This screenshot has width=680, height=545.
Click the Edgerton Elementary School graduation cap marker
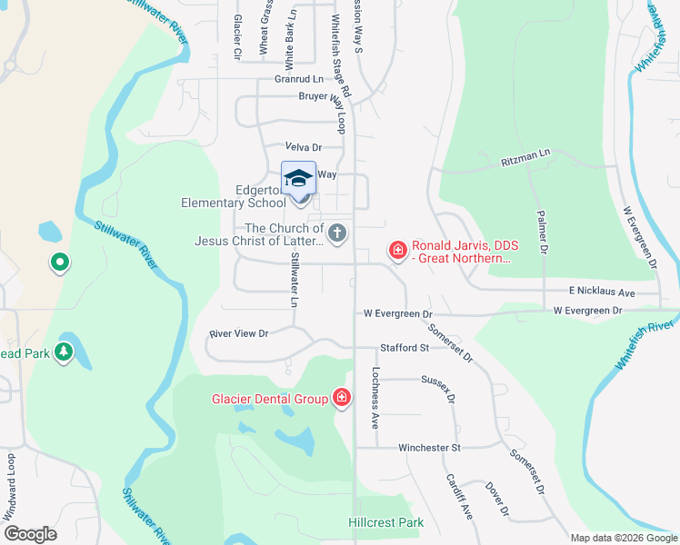[x=299, y=179]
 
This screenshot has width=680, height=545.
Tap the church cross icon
[x=337, y=233]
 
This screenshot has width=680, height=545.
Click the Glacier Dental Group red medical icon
[x=341, y=398]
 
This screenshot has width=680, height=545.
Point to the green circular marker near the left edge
[x=59, y=263]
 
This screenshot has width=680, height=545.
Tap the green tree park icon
[x=63, y=352]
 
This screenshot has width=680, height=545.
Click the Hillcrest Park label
[x=385, y=523]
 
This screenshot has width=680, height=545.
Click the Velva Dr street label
[x=304, y=147]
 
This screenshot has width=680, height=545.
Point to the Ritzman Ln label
[x=526, y=162]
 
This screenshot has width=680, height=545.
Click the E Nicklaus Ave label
[x=602, y=293]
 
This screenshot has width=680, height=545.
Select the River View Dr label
[x=239, y=333]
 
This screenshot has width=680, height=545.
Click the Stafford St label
[x=405, y=348]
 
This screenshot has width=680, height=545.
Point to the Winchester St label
[x=430, y=448]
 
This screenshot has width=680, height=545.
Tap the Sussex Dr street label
[x=443, y=389]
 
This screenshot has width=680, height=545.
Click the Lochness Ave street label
[x=374, y=398]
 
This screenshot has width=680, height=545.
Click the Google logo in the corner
[x=30, y=534]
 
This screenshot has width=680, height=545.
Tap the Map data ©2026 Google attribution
[x=623, y=538]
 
